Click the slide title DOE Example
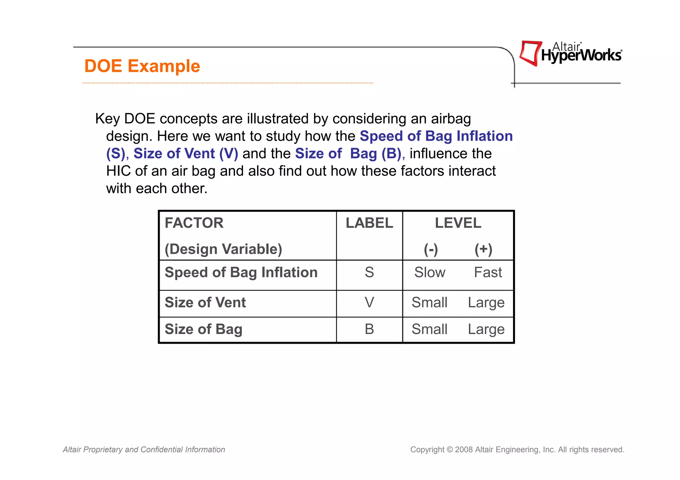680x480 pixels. (x=142, y=66)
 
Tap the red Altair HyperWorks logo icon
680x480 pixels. (x=531, y=53)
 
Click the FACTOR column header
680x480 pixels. (x=194, y=223)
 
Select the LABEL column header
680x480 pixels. (x=369, y=223)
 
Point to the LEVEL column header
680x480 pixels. (x=458, y=223)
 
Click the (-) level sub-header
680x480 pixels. (x=431, y=249)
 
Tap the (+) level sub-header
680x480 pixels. (x=483, y=249)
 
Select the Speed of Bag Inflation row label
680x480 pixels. (x=241, y=272)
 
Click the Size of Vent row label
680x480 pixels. (x=205, y=303)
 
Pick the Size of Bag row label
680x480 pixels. (x=204, y=329)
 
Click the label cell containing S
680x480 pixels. (x=369, y=272)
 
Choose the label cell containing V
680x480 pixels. (x=369, y=303)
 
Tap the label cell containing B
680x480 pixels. (x=369, y=329)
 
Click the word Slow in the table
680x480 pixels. (x=430, y=272)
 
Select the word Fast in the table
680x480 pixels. (x=488, y=272)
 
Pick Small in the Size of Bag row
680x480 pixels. (x=429, y=329)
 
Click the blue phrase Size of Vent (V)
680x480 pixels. (x=186, y=154)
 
